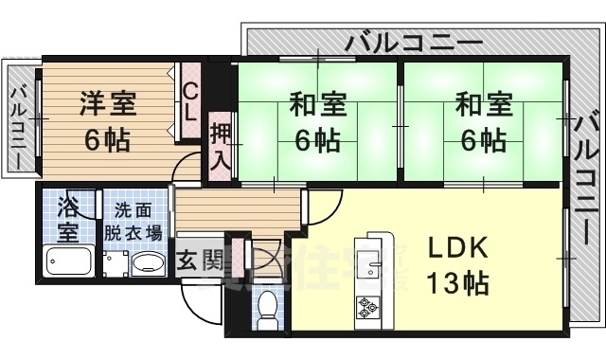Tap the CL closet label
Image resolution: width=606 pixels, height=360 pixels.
(x=189, y=101)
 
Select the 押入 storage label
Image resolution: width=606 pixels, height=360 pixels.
(x=220, y=145)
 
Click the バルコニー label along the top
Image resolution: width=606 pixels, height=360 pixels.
(x=414, y=42)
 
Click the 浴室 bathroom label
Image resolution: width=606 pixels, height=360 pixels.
(x=67, y=218)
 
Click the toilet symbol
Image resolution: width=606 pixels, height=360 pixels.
(x=268, y=307)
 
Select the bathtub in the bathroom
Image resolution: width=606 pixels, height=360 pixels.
(x=69, y=262)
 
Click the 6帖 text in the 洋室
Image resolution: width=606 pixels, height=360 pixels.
(x=107, y=140)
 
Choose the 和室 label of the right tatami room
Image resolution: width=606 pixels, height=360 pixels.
(x=483, y=102)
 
